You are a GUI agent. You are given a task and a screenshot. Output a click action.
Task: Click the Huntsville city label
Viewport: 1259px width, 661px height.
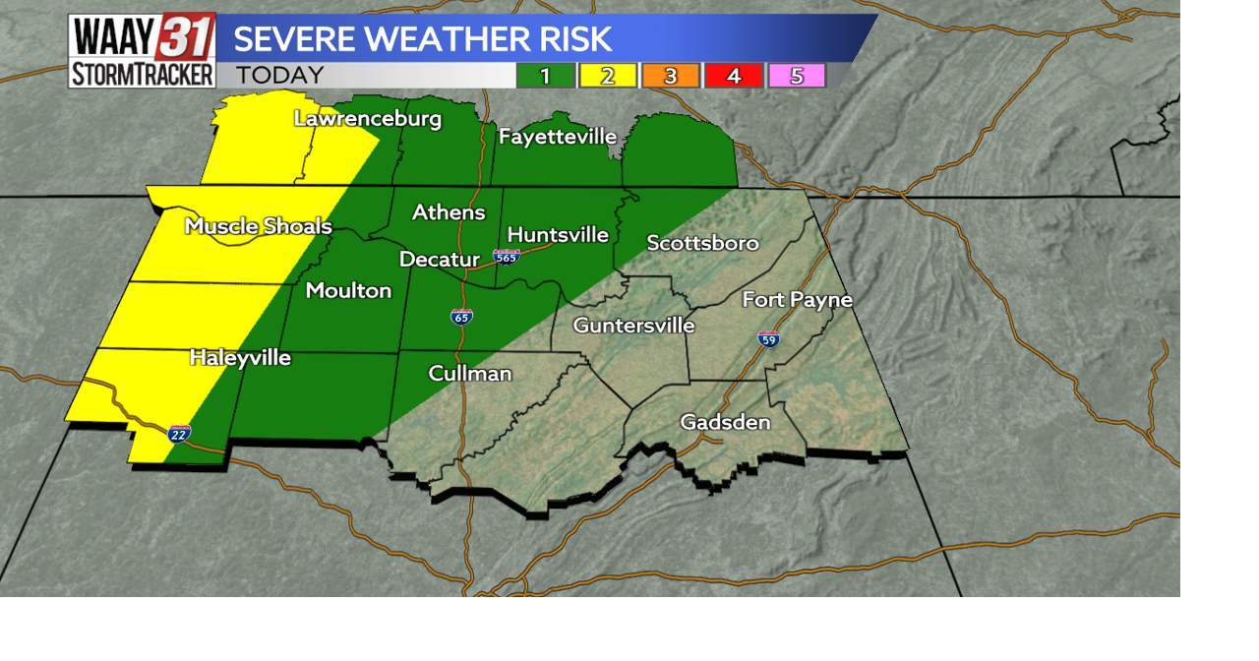[558, 235]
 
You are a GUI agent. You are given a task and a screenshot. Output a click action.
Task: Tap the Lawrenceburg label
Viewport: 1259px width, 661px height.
[368, 119]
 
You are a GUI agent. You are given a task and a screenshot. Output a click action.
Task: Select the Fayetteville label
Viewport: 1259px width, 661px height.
[557, 137]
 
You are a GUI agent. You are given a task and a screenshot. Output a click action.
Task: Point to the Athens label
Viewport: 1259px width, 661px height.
[449, 212]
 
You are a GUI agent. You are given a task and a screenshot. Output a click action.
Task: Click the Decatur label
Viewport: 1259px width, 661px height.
[439, 260]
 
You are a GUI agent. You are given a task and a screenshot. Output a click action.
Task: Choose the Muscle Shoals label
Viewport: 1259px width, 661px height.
[259, 226]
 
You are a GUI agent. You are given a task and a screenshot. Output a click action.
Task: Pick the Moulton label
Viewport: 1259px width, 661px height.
[348, 290]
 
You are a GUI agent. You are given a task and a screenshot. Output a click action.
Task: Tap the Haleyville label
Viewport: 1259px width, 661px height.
[240, 358]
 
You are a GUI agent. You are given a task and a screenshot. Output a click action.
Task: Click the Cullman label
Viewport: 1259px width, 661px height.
[470, 374]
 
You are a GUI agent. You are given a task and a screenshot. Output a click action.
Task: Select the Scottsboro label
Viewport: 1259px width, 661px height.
[702, 243]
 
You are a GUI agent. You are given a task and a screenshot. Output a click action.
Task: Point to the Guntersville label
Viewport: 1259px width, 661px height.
[633, 325]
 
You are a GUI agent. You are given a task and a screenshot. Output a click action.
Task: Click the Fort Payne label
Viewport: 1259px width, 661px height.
[797, 300]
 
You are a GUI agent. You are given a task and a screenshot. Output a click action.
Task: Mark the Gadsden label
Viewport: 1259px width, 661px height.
[725, 423]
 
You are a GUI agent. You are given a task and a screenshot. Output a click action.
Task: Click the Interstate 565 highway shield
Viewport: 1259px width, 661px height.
[507, 257]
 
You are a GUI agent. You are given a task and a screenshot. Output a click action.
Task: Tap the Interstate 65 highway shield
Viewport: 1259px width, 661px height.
[461, 316]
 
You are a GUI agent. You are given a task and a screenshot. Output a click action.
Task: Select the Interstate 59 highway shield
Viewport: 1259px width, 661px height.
[769, 339]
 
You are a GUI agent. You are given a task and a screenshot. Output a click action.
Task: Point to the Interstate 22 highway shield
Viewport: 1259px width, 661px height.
[179, 434]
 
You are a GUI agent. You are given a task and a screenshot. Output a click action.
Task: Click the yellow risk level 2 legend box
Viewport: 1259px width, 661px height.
[608, 76]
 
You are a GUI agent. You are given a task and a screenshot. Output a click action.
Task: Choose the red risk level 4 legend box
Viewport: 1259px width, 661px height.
[734, 76]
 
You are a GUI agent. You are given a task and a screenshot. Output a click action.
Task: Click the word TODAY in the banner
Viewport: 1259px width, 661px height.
[279, 76]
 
